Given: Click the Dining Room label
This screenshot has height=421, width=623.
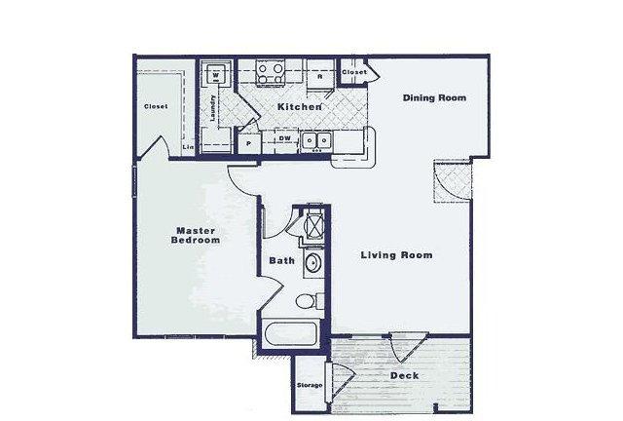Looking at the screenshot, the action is click(434, 97).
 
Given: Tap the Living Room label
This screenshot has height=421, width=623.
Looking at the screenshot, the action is click(396, 255).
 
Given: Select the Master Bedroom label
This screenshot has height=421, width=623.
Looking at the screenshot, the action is click(196, 235).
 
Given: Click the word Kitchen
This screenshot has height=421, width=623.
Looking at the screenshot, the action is click(299, 106).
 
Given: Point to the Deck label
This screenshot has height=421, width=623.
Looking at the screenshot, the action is click(405, 375).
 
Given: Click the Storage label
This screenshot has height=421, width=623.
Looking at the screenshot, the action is click(310, 385).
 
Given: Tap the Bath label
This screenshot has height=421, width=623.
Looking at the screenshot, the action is click(281, 260).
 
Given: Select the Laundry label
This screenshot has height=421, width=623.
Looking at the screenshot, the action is click(213, 108).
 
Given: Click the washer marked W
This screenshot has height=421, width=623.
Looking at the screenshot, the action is click(216, 75).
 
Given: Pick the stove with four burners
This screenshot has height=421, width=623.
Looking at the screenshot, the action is click(271, 73).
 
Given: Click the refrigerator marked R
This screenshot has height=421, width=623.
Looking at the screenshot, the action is click(320, 76).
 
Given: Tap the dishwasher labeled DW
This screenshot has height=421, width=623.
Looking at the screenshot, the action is click(284, 138).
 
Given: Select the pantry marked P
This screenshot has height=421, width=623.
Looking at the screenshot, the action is click(249, 144).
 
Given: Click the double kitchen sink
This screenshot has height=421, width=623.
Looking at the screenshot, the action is click(316, 141).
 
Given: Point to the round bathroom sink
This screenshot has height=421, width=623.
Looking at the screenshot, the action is click(313, 263).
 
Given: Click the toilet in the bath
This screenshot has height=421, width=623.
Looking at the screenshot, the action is click(310, 301).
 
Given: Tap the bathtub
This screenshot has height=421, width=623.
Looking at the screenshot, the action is click(292, 334).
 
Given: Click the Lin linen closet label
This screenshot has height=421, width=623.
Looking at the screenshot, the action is click(188, 147).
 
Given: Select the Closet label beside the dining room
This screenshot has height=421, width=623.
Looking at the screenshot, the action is click(354, 72).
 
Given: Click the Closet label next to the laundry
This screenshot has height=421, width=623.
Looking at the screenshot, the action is click(156, 106).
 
